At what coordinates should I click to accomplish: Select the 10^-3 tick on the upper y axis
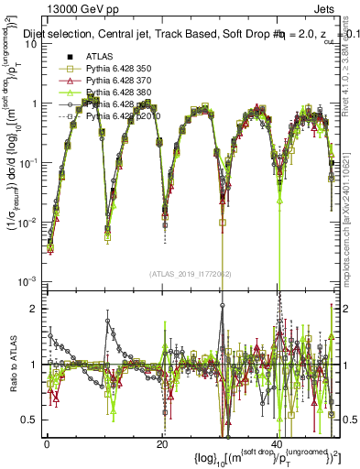click(28, 279)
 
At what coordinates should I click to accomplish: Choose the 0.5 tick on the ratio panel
click(31, 420)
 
